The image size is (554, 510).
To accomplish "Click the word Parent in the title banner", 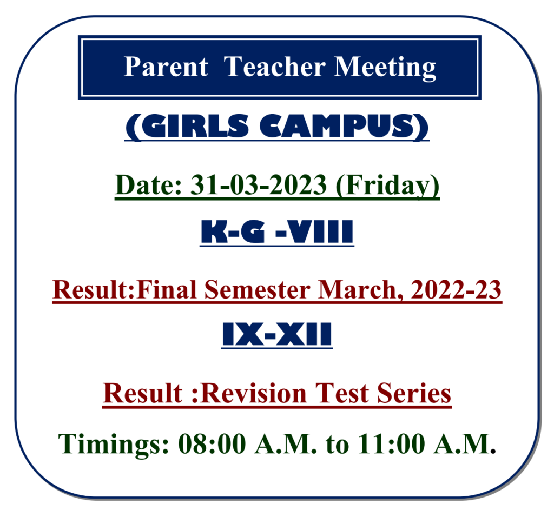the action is point(166,67).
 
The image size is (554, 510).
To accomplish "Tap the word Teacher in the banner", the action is point(274,67).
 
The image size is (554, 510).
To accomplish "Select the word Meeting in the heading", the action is point(385,68).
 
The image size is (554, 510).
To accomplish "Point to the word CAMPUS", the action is point(337,126).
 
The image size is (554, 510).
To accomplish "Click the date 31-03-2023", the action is point(259,185).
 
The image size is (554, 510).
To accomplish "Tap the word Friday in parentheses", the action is point(387,186).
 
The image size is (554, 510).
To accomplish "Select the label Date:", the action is point(148,185).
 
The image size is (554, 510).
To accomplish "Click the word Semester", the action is point(257,289).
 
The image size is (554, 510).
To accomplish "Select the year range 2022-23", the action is point(456,289).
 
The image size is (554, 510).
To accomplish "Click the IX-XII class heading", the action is point(277,334).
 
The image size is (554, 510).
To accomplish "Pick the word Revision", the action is point(255,393).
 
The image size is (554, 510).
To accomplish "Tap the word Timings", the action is point(114,445).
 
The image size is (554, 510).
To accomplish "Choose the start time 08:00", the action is point(212,443).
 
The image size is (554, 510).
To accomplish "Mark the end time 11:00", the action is point(392,443).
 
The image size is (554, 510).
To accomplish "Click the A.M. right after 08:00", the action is point(286,443).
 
